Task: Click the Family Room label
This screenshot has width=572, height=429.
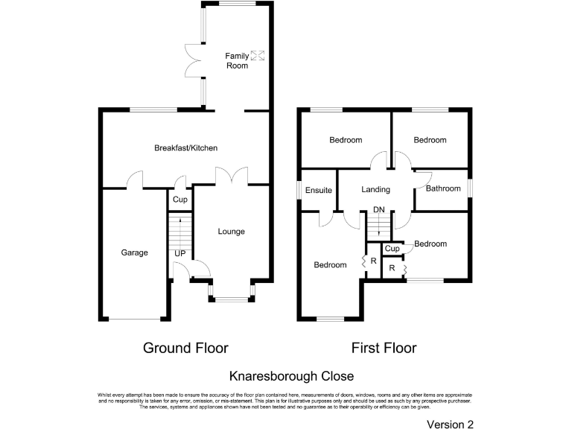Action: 237,60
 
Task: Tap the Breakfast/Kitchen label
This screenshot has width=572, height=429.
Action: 185,148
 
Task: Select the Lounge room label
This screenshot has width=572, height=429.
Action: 231,232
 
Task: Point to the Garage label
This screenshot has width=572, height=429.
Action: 134,252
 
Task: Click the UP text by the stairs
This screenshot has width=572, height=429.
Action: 179,254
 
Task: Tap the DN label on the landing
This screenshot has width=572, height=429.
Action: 379,210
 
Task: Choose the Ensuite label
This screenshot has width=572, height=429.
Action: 318,191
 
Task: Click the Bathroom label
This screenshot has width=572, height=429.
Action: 443,188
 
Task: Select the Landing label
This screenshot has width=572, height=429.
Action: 375,190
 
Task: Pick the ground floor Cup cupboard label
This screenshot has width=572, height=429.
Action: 179,200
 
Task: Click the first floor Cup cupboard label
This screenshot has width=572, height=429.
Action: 392,249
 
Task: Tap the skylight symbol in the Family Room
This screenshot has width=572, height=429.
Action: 258,54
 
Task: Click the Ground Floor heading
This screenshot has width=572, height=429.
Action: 185,348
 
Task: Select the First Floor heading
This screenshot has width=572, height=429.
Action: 384,348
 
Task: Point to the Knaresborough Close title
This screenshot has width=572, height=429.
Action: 291,376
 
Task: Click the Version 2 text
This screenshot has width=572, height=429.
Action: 450,425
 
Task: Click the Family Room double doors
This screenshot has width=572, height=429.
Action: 193,60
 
